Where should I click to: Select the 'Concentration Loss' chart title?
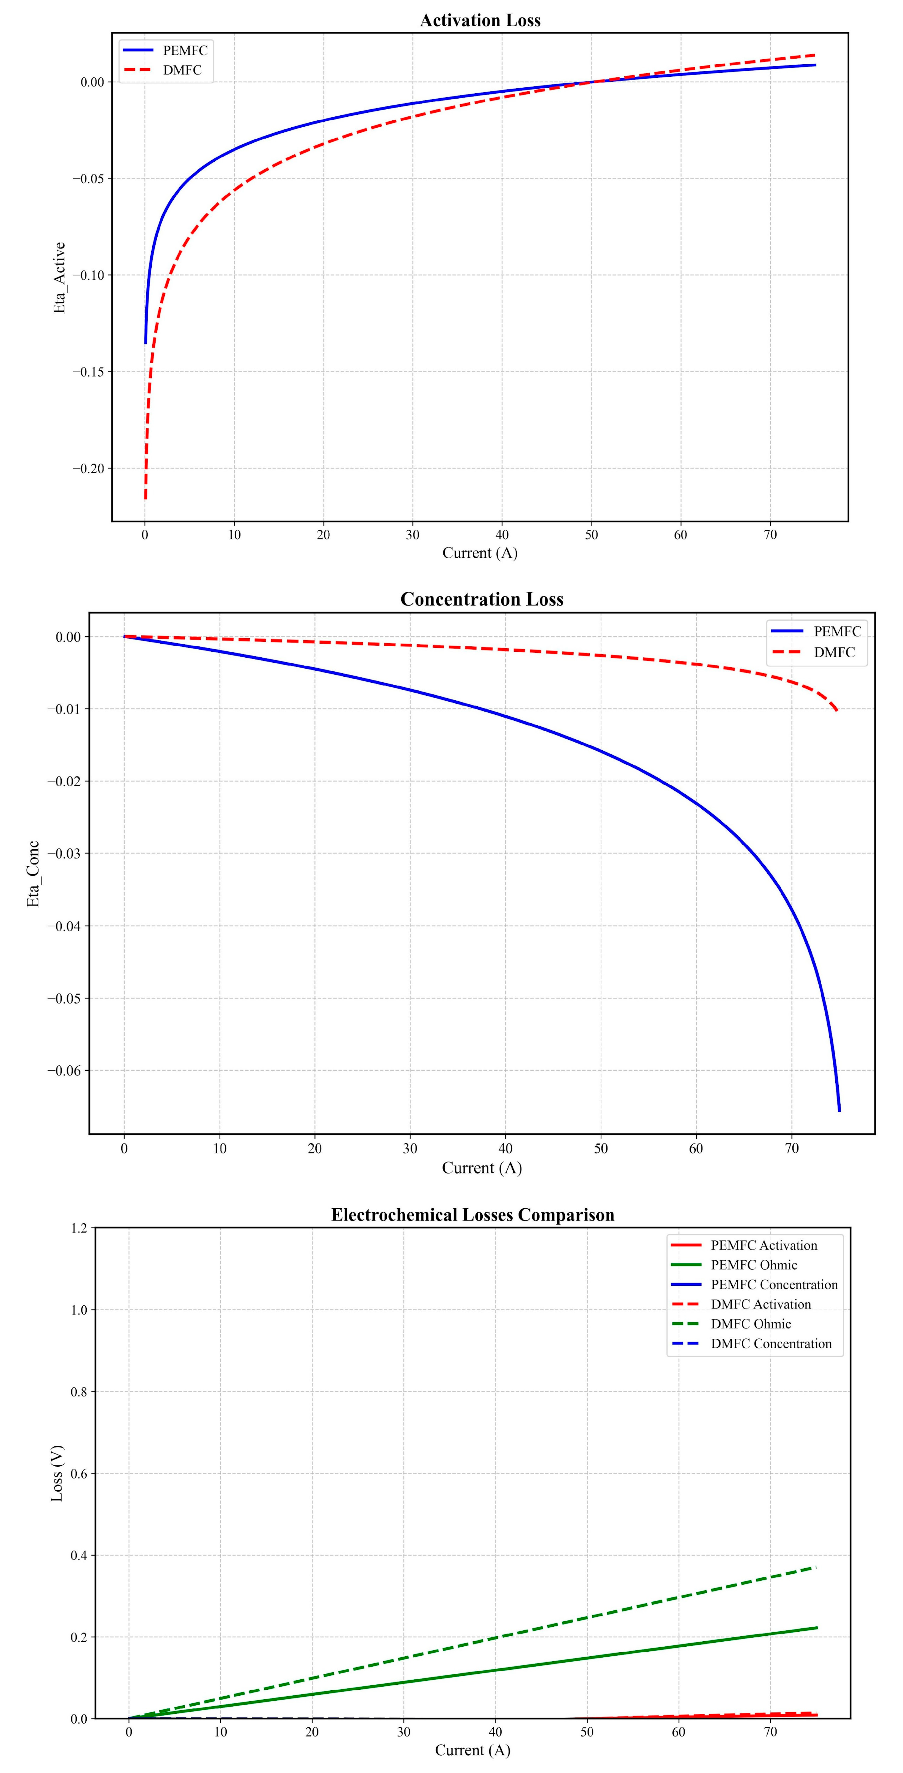(x=482, y=600)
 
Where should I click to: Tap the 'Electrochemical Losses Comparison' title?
(x=473, y=1215)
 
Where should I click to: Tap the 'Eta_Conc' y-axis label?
(x=33, y=874)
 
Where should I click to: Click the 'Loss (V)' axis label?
(x=57, y=1473)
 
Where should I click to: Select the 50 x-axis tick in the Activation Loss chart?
(x=591, y=535)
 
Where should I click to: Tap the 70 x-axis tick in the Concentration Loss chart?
(x=792, y=1149)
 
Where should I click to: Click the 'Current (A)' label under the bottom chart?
(x=473, y=1750)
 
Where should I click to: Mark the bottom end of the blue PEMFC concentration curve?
(x=839, y=1110)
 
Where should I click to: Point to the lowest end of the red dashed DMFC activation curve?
(x=145, y=498)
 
